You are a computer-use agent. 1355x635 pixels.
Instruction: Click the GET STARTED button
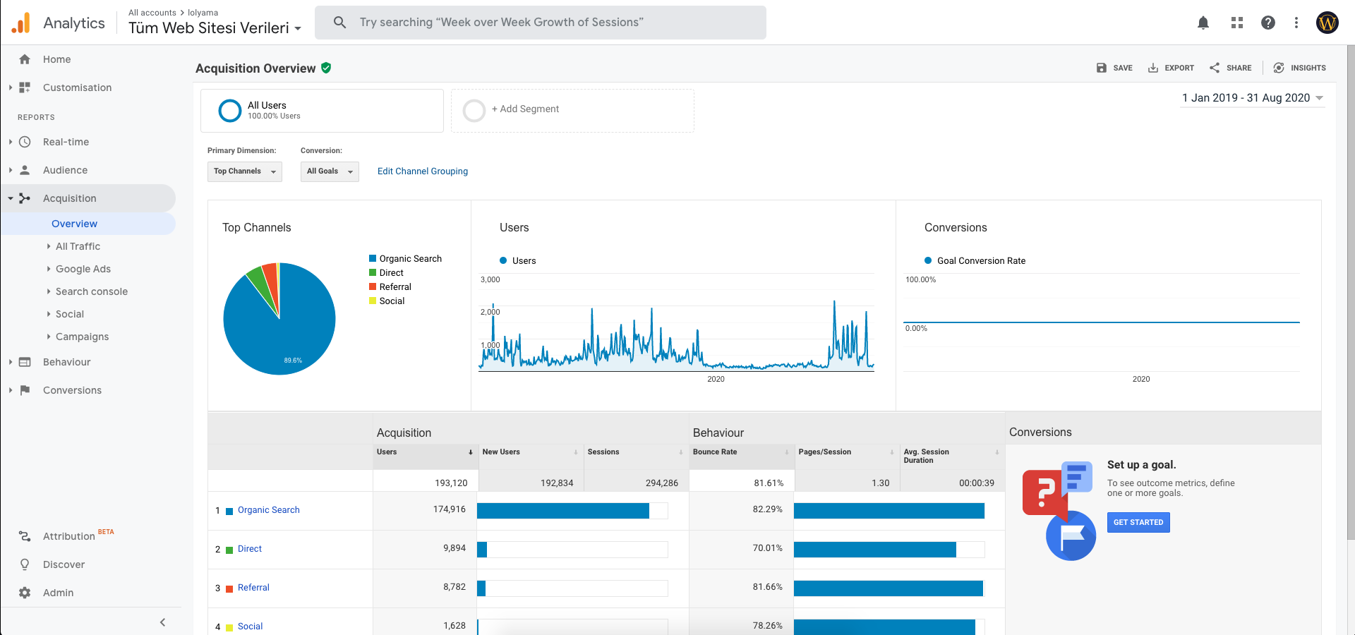[x=1138, y=522]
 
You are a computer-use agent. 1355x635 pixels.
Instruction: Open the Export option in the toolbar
[x=1171, y=68]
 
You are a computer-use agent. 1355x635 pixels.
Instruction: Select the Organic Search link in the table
[x=268, y=510]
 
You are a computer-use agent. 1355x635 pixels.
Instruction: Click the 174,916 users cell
[x=450, y=509]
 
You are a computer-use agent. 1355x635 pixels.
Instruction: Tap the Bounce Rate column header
[x=715, y=452]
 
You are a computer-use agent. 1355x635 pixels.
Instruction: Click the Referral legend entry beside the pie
[x=395, y=287]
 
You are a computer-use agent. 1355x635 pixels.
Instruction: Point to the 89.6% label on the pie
[x=293, y=361]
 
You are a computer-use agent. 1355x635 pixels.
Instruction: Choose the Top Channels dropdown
[x=245, y=171]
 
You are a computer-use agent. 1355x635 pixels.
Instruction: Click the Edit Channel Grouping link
[x=423, y=171]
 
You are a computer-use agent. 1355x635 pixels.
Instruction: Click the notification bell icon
[x=1203, y=23]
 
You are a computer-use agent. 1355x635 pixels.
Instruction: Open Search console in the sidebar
[x=92, y=291]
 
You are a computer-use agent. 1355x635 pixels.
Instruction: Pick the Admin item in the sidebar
[x=58, y=593]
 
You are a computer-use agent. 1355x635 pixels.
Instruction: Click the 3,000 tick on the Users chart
[x=490, y=280]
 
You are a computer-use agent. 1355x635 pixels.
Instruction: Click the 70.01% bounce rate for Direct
[x=767, y=548]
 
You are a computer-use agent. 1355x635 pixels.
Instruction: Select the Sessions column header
[x=603, y=452]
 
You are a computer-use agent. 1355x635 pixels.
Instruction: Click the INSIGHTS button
[x=1299, y=68]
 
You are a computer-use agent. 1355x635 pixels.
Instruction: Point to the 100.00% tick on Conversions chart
[x=921, y=280]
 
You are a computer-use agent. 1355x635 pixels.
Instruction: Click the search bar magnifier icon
[x=339, y=23]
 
